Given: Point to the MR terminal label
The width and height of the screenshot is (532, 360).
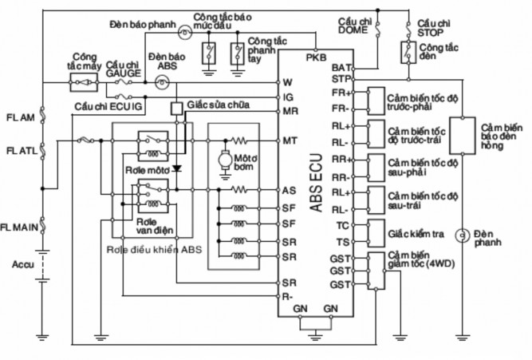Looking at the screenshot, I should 290,111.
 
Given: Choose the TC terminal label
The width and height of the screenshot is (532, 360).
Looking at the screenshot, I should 341,226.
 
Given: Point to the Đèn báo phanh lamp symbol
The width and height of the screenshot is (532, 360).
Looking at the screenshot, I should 183,31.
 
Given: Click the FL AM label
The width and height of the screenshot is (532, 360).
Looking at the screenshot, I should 19,117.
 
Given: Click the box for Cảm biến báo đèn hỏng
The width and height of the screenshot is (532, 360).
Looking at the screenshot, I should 460,136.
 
